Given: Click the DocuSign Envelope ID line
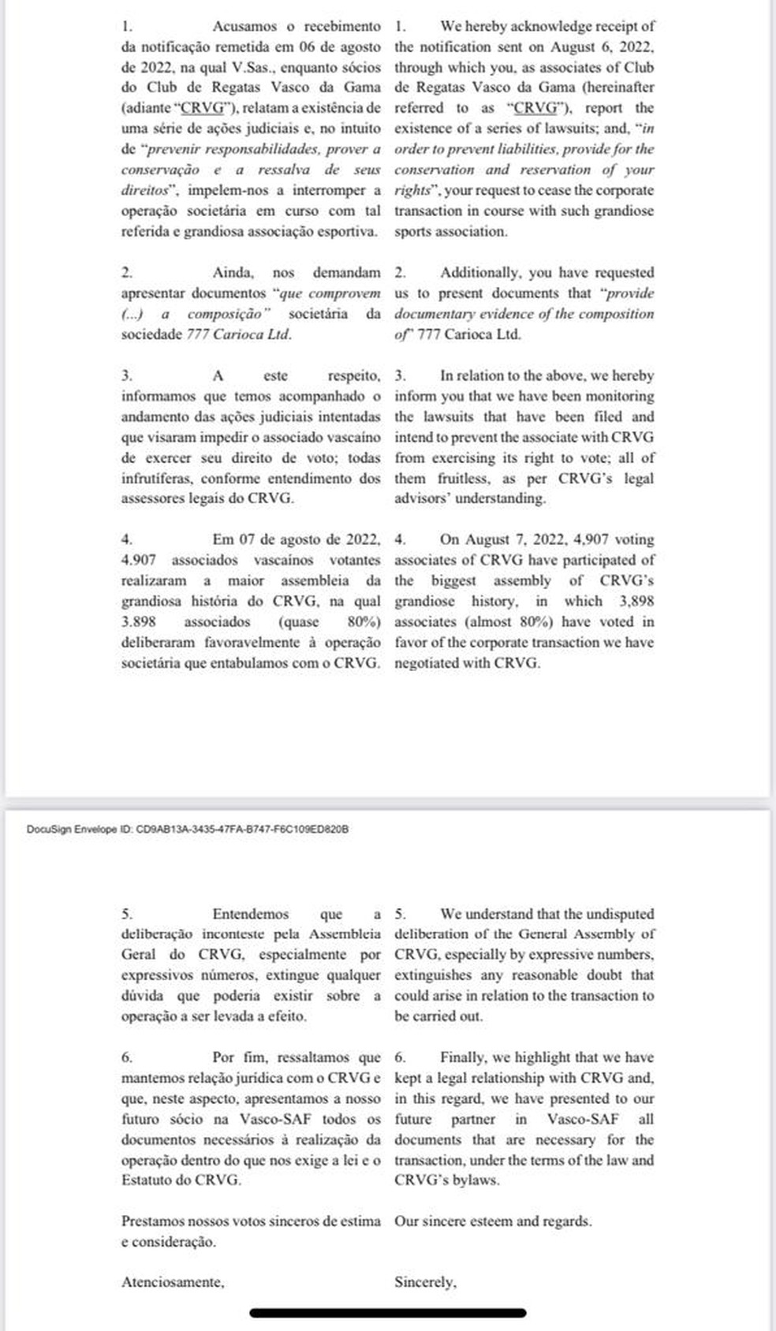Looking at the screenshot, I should pyautogui.click(x=188, y=830).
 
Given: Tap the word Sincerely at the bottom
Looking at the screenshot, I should pyautogui.click(x=425, y=1282).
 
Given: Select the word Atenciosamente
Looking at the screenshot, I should pyautogui.click(x=173, y=1282).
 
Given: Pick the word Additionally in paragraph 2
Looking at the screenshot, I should pyautogui.click(x=481, y=273).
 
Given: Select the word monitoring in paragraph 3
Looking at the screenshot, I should pyautogui.click(x=614, y=396).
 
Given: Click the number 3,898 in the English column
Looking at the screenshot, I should pyautogui.click(x=636, y=601).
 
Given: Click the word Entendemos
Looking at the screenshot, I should pyautogui.click(x=251, y=914).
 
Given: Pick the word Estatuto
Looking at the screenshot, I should pyautogui.click(x=146, y=1180).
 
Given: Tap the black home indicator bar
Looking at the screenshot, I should pyautogui.click(x=388, y=1313).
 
